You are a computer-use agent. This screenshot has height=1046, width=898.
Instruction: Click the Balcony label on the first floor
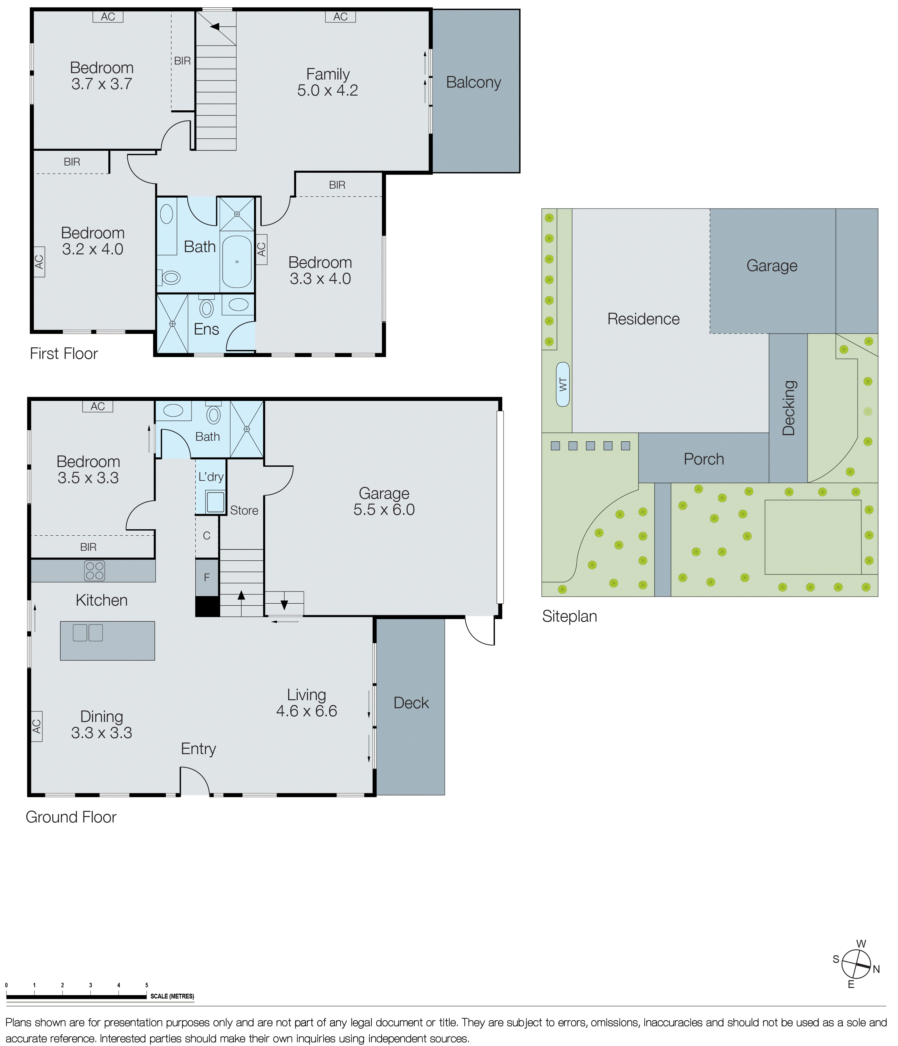coord(473,82)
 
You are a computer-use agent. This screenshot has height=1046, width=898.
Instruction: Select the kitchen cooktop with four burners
coord(94,570)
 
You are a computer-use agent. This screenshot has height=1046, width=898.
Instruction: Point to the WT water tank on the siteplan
coord(563,384)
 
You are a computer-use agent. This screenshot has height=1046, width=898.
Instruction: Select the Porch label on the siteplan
coord(704,459)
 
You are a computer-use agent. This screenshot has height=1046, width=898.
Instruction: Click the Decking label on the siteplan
coord(788,408)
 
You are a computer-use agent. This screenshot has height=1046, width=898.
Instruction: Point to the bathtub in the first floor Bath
coord(237,261)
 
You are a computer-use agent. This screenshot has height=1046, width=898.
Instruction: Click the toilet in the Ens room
coord(207,308)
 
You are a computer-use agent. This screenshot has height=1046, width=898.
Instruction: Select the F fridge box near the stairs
coord(207,577)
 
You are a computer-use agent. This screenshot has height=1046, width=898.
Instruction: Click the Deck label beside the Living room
coord(411,703)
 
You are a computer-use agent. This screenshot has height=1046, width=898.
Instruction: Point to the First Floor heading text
coord(64,353)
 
